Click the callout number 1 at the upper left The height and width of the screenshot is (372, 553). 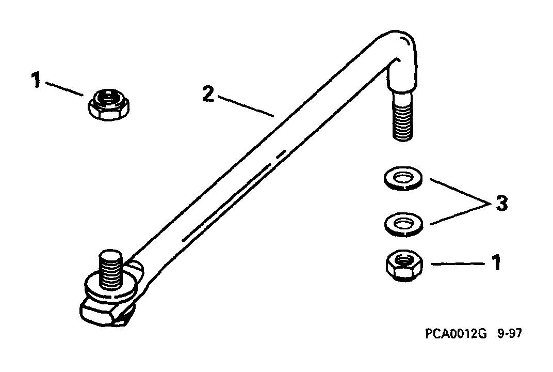[x=36, y=80]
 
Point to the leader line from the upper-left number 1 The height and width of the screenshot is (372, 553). [x=64, y=89]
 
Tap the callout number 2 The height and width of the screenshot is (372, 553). [x=208, y=94]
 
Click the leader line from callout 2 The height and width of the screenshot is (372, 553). [x=246, y=105]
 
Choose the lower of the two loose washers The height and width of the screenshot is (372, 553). [x=403, y=224]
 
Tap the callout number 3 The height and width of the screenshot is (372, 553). [x=501, y=204]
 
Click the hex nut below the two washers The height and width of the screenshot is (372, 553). [x=404, y=266]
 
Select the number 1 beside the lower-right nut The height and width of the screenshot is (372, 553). [x=497, y=263]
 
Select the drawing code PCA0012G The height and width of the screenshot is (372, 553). [x=456, y=333]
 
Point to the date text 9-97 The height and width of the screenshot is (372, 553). [x=509, y=333]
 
